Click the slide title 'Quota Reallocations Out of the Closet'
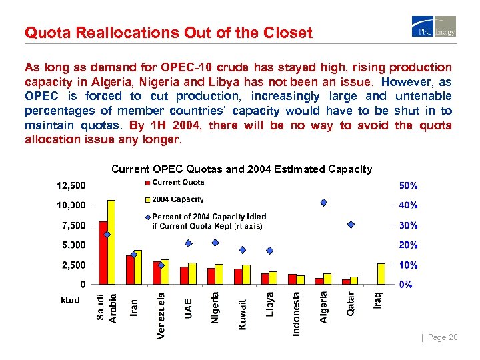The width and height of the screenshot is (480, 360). click(168, 33)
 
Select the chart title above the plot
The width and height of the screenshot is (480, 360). click(241, 169)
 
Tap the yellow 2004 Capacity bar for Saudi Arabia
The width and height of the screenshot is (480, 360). click(111, 242)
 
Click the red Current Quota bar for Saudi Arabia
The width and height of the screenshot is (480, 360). click(103, 253)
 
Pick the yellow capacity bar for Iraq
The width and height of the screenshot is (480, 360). click(381, 273)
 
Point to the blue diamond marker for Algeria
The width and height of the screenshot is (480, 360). click(323, 202)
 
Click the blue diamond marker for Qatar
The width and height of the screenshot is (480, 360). click(351, 225)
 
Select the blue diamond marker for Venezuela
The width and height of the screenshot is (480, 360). click(161, 265)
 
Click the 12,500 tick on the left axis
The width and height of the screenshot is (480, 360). click(71, 185)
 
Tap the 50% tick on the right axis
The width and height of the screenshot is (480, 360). click(408, 185)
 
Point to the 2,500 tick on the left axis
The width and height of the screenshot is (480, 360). click(74, 265)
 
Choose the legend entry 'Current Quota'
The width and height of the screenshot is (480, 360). click(178, 182)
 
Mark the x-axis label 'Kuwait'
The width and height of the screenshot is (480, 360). click(243, 313)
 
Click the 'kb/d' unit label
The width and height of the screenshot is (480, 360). click(70, 300)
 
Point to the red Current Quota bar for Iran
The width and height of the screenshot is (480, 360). click(131, 269)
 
